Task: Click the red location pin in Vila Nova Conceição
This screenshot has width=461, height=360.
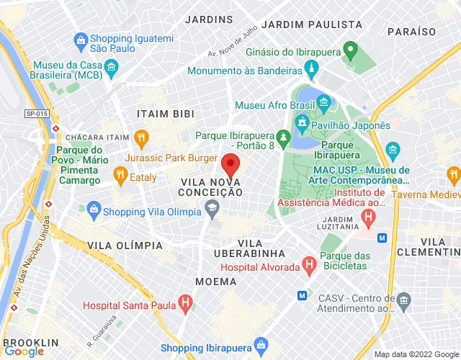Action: [x=230, y=165]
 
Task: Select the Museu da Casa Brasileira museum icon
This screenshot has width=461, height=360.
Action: [x=111, y=68]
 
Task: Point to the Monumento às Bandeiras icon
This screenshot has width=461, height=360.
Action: [x=312, y=71]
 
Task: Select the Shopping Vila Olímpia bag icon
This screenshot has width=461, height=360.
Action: [x=93, y=211]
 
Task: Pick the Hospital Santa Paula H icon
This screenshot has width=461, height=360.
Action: [x=186, y=305]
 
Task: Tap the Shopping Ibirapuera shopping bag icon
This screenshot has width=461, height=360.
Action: [x=260, y=343]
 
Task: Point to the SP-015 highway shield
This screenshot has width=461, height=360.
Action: [x=37, y=114]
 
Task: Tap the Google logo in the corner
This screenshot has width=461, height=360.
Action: [x=23, y=351]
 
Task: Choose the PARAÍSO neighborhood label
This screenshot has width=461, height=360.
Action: [x=412, y=32]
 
